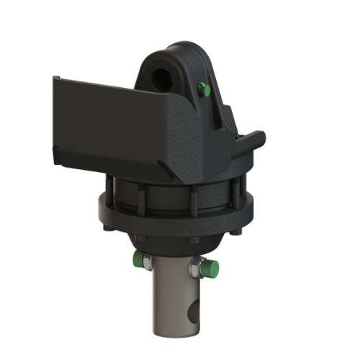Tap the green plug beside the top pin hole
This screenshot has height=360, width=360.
(203, 90)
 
